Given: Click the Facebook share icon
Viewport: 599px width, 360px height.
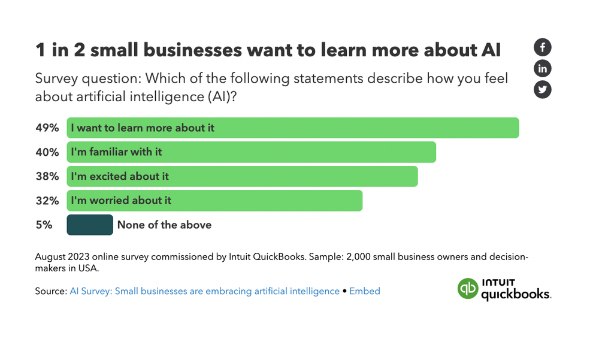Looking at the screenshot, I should pos(542,47).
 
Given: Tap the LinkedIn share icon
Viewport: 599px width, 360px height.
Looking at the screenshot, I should pos(542,68).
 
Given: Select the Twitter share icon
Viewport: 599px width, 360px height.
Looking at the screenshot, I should pos(542,89).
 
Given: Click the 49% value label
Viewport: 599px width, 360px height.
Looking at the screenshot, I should pos(47,128).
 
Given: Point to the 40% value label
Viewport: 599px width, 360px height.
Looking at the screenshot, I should pos(47,152).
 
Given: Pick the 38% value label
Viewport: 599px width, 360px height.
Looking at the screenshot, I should pos(47,176).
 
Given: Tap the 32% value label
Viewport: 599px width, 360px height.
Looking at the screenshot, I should pos(47,201).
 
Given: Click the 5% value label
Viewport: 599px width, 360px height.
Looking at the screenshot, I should pos(44,225).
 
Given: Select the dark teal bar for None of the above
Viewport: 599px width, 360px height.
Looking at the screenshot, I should pos(90,225).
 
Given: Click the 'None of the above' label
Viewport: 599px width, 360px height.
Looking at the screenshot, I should pos(164,225).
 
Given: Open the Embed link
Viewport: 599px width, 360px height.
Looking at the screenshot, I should pos(364,291).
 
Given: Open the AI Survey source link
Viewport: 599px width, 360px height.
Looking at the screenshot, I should pos(204,291).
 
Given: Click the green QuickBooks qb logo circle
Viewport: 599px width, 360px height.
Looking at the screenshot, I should pos(468,289).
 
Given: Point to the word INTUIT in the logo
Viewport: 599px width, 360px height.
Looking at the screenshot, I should pos(498,283).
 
